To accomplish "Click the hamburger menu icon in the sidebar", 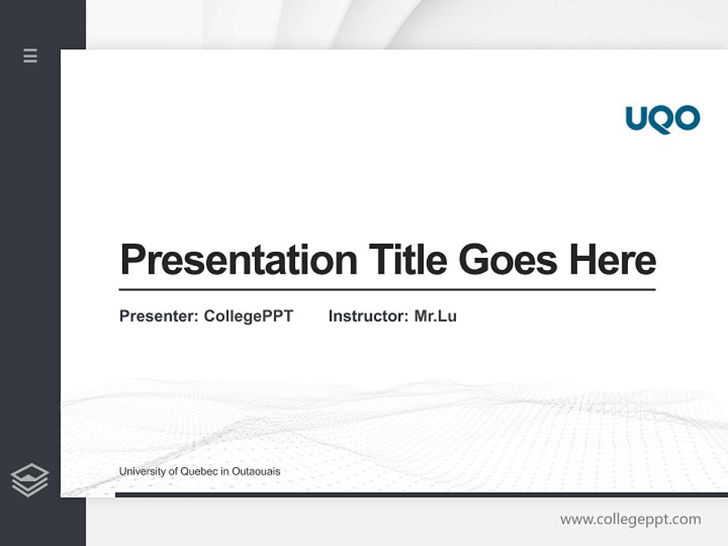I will (x=30, y=55).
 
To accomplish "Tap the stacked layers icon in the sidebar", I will (x=30, y=480).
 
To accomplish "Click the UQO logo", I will (x=662, y=119).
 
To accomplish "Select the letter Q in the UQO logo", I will (x=663, y=120).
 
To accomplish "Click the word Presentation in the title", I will (x=238, y=260).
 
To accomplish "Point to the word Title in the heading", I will (x=408, y=259).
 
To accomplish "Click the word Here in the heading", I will (x=612, y=259).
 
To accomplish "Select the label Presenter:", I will (x=158, y=316).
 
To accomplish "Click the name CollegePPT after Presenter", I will (x=248, y=316).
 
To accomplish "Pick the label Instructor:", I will (x=369, y=316).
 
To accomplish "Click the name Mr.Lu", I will (x=435, y=316).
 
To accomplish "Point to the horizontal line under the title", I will (x=387, y=289).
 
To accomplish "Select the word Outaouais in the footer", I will (x=256, y=472).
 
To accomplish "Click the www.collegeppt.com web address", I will (x=630, y=519).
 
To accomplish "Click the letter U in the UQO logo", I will (x=637, y=118).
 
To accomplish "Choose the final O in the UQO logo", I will (x=687, y=118).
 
